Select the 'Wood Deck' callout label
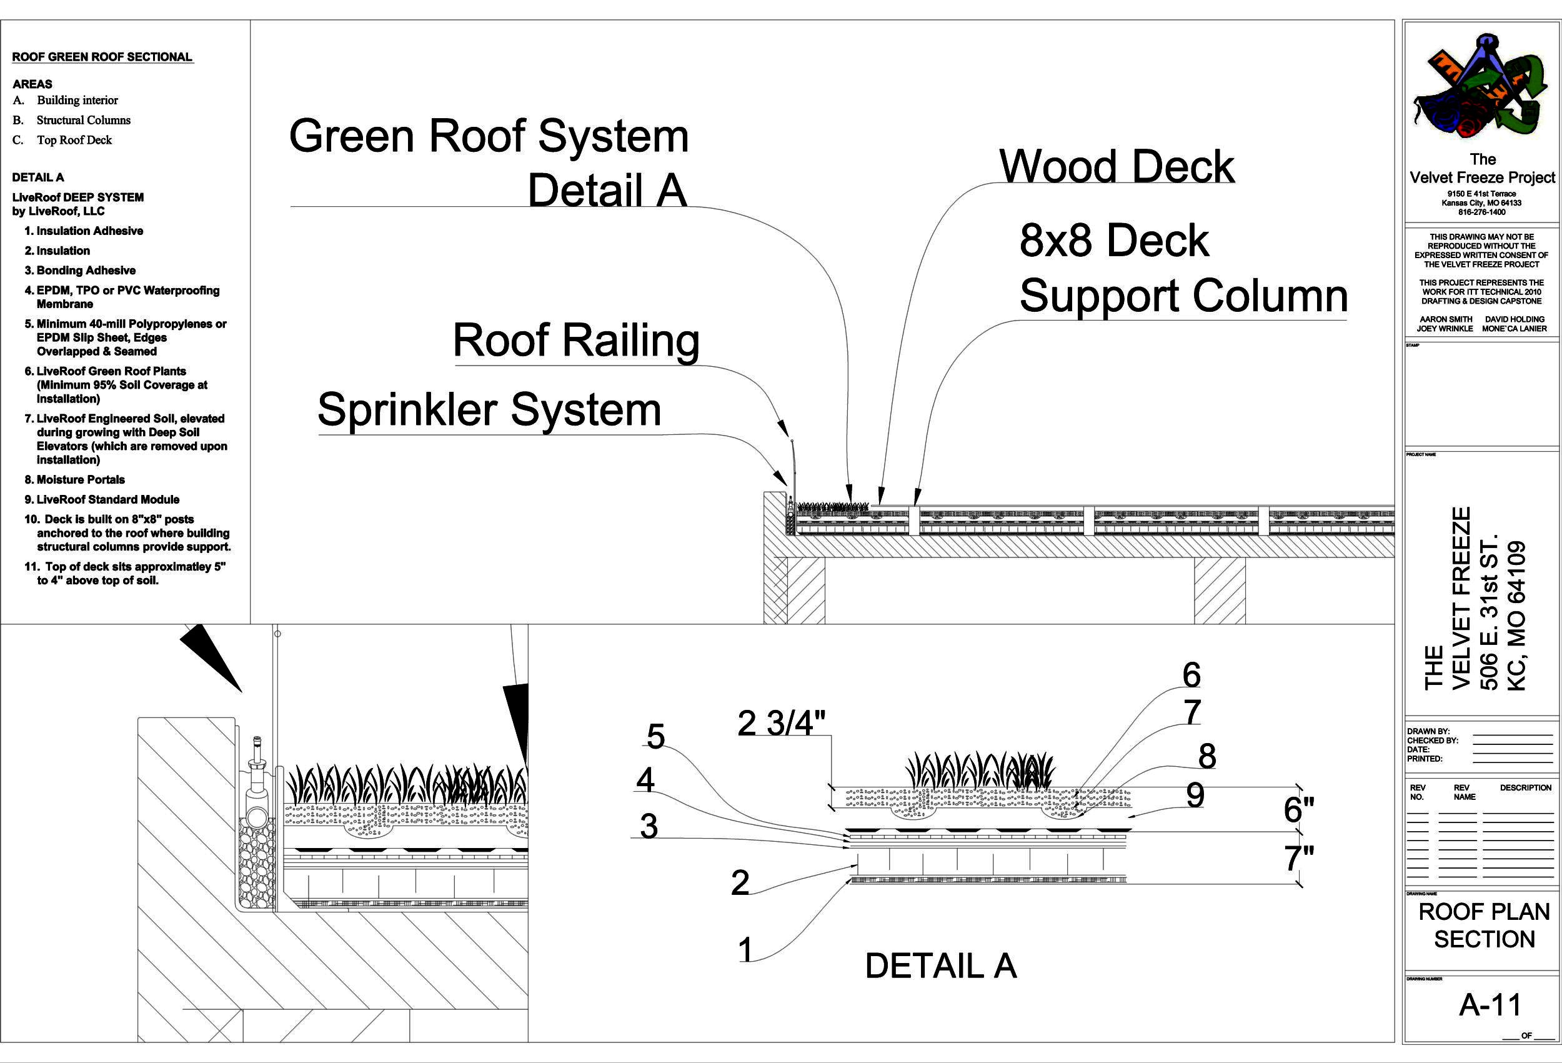(x=1117, y=166)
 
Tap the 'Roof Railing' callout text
(x=576, y=340)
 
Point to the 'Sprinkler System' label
(x=489, y=409)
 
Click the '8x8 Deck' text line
(x=1113, y=240)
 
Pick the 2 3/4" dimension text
(x=781, y=724)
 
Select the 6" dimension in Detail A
(x=1298, y=809)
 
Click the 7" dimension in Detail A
(x=1298, y=858)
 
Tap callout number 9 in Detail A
(x=1195, y=796)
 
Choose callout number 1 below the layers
(x=745, y=950)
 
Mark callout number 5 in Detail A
(x=655, y=736)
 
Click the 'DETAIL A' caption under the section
(x=940, y=966)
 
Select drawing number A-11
(x=1490, y=1005)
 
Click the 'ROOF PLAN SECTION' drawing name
(x=1484, y=925)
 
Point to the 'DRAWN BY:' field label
(x=1428, y=732)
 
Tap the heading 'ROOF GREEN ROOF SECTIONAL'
(x=102, y=57)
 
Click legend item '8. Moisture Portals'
(x=74, y=479)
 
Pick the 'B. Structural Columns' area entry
(x=72, y=121)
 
